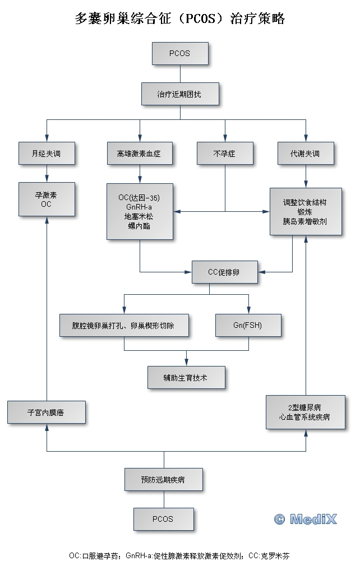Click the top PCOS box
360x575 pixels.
(179, 54)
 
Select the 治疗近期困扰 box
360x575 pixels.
(179, 94)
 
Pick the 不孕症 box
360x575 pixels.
(224, 153)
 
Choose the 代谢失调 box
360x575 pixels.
(306, 153)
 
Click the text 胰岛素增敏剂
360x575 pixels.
(305, 221)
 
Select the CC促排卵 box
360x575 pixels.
(224, 272)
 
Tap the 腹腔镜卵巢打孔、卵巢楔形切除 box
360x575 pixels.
(123, 325)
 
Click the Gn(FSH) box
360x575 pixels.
(248, 325)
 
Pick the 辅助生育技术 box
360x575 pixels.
(186, 378)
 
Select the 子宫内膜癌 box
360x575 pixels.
(46, 412)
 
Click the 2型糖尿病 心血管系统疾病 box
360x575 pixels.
(305, 412)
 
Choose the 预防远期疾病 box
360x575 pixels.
(163, 480)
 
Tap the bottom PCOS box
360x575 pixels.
(163, 519)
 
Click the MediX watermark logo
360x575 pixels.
(306, 519)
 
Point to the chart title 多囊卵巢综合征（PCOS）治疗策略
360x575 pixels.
(179, 19)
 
